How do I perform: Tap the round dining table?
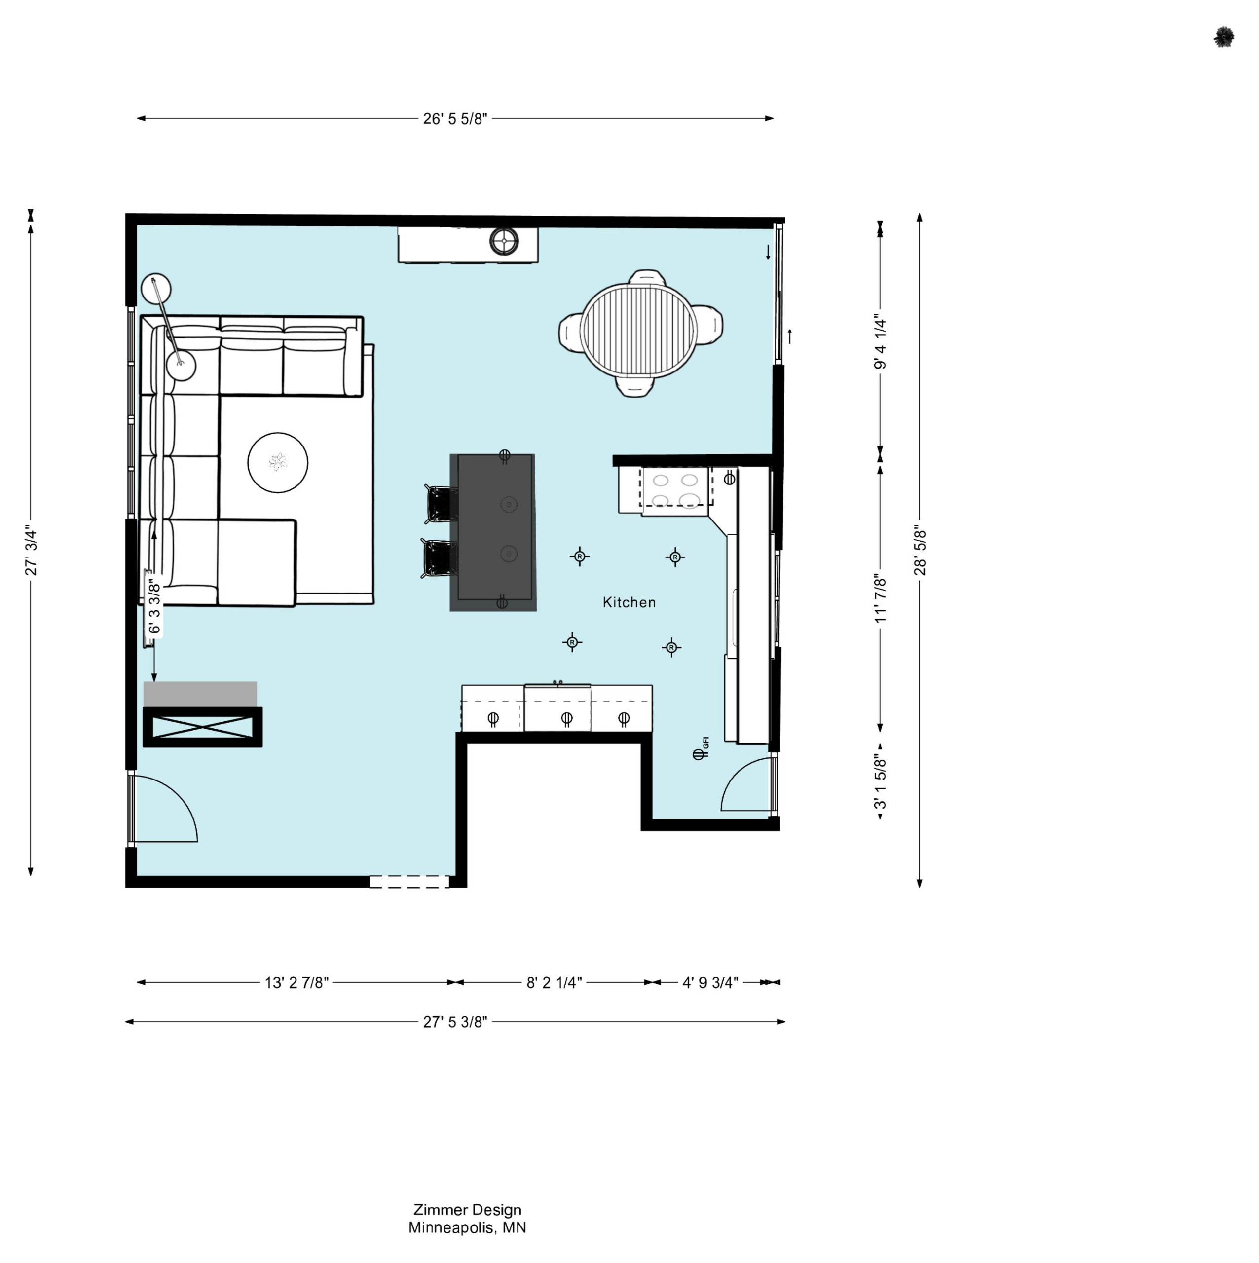coord(639,330)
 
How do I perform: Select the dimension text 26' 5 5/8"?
coord(455,119)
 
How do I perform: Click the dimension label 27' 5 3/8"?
coord(455,1022)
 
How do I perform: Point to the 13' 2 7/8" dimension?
coord(297,983)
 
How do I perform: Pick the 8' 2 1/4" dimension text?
coord(555,983)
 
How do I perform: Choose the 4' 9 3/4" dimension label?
coord(710,983)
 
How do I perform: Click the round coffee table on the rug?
coord(278,463)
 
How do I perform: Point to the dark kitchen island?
coord(493,533)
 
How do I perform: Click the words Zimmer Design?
coord(467,1210)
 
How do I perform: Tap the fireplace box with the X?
coord(203,727)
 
